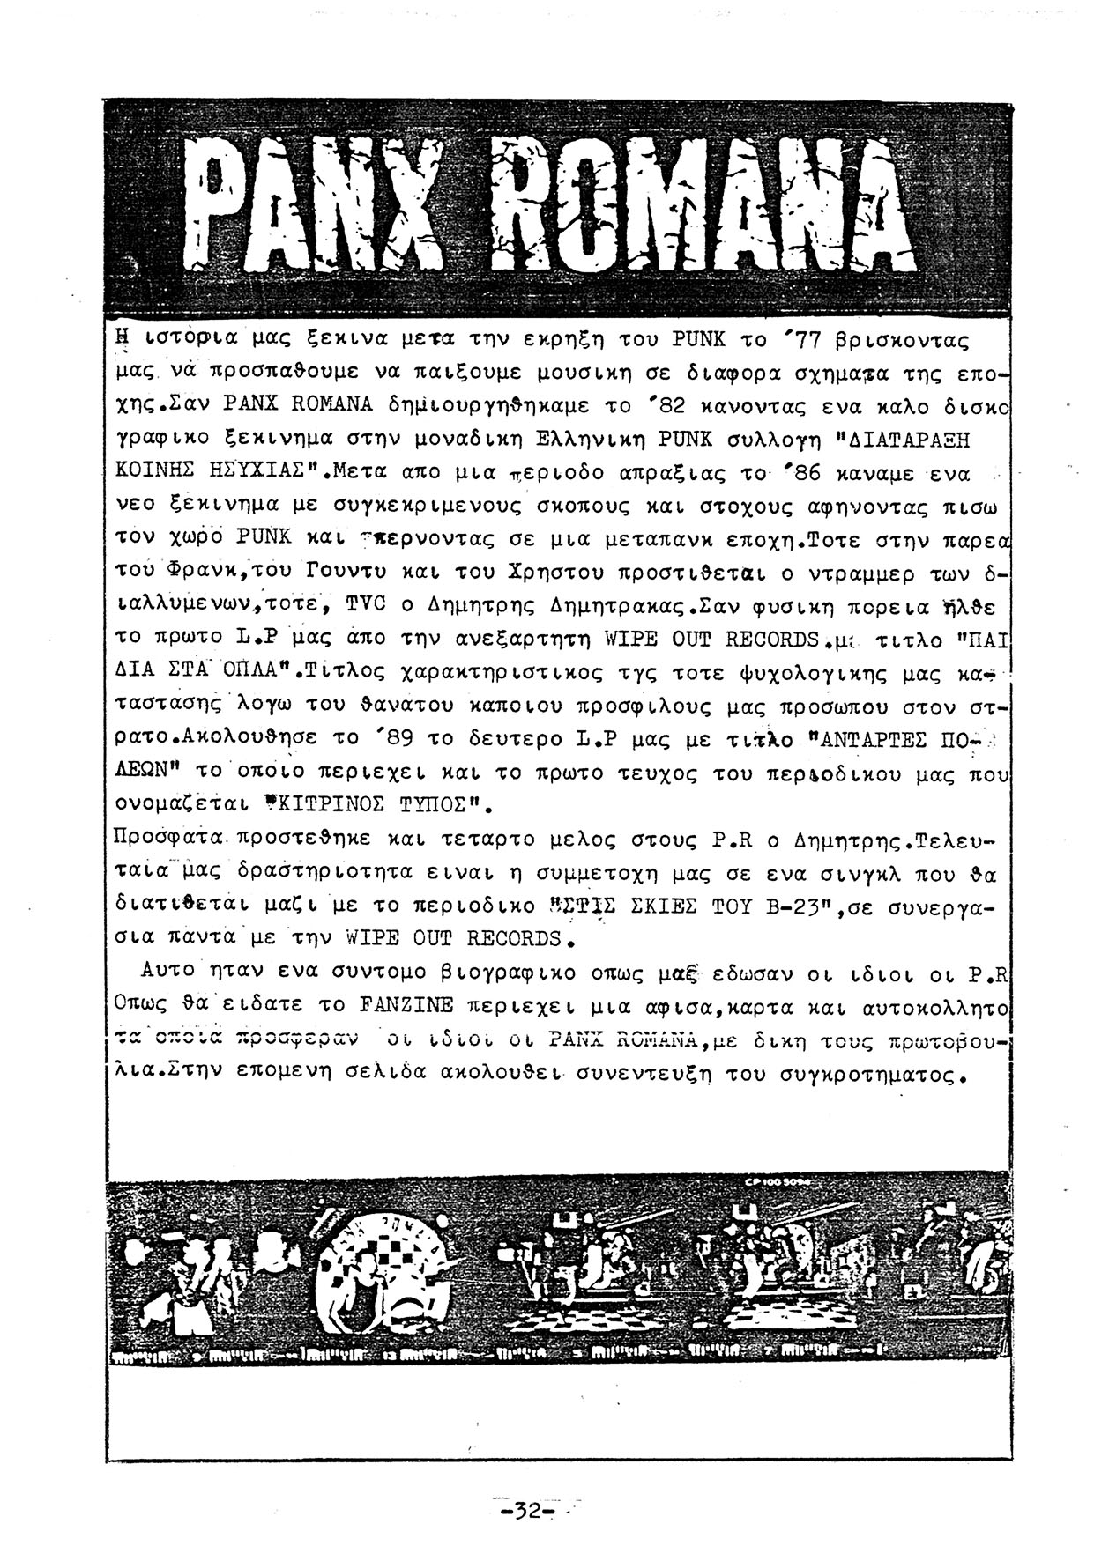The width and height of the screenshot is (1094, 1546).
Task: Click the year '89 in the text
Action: [383, 738]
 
